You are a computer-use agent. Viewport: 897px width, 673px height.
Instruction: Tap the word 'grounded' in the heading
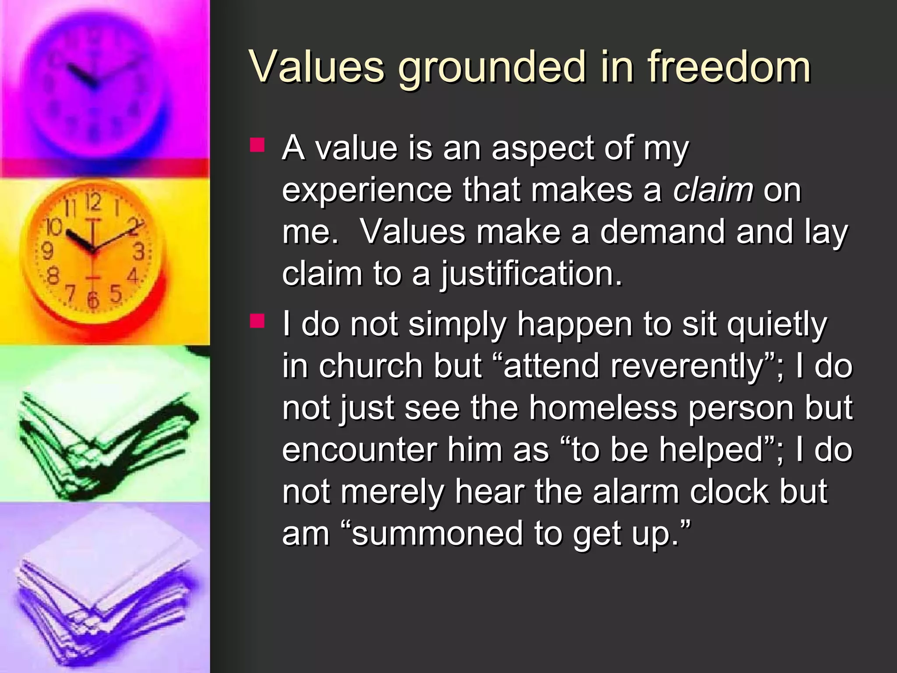coord(491,68)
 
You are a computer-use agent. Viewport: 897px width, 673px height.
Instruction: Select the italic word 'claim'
coord(713,190)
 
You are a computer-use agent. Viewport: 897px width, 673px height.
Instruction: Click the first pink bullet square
coord(257,145)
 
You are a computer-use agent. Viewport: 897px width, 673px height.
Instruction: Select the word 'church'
coord(370,366)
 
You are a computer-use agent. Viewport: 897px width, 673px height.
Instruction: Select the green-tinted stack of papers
coord(105,443)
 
